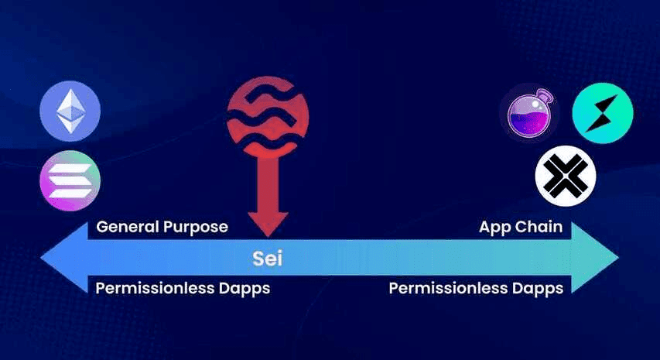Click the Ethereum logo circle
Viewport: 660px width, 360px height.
[70, 111]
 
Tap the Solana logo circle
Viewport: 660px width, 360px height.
[70, 180]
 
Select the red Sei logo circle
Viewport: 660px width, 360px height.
[268, 117]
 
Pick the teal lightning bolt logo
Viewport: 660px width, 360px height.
[603, 113]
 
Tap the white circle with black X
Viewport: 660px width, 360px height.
[566, 176]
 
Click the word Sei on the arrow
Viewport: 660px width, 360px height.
[267, 258]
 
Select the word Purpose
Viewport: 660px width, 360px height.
[196, 228]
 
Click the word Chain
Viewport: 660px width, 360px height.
[539, 227]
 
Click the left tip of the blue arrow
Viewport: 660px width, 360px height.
[41, 257]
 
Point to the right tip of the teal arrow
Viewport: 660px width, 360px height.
[619, 257]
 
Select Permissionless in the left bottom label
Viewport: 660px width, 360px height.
[155, 289]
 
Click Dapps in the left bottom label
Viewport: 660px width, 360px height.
[245, 290]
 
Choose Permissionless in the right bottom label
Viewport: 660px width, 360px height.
[448, 289]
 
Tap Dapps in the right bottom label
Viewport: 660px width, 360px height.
[538, 290]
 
